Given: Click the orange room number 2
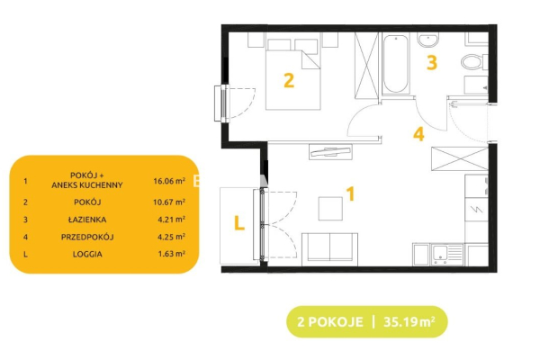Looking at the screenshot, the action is (289, 80).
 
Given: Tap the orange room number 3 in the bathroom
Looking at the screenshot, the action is (432, 62).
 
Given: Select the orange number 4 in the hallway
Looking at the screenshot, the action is (418, 134).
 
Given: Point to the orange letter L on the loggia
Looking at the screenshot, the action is (239, 223).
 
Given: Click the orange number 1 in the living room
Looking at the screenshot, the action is (350, 194).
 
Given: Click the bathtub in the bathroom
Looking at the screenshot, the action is (395, 64).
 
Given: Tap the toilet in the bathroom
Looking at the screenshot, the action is (474, 62).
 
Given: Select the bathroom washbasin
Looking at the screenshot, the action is (428, 40).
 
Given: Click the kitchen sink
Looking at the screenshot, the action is (447, 255).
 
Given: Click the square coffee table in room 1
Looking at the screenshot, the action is (330, 209).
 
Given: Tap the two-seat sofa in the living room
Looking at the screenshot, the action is (330, 249).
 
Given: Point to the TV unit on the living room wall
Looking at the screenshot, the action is (330, 152).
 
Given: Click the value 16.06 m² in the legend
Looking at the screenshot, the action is (169, 181).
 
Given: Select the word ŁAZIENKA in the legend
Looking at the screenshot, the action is (87, 220).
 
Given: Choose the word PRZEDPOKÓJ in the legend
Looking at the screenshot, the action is (87, 237).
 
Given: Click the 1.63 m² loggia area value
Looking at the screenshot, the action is (171, 254).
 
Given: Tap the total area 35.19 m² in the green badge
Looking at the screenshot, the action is (409, 322).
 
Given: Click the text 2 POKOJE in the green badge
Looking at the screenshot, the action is (330, 322).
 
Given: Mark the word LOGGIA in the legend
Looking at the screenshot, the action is (87, 254).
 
